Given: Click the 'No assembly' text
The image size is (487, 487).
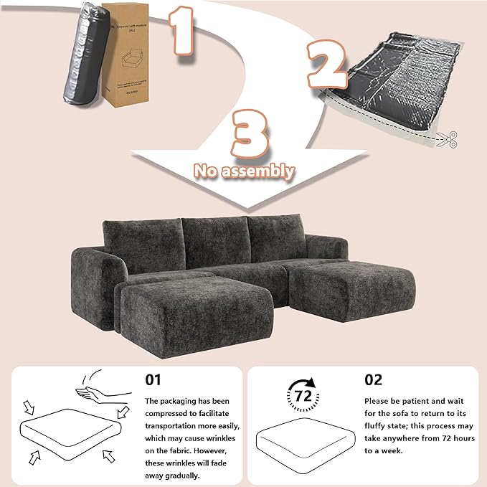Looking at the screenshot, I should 243,171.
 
